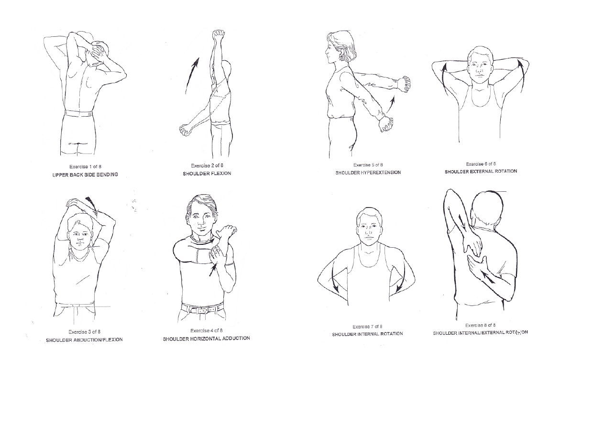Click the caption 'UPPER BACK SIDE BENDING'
[x=85, y=175]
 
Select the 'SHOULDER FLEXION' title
[x=207, y=174]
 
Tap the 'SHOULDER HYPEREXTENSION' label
[x=368, y=173]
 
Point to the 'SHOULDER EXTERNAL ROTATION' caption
[x=481, y=172]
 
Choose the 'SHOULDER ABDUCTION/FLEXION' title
[x=84, y=340]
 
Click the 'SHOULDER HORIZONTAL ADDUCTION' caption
[x=206, y=339]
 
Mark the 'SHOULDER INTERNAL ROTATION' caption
[x=367, y=334]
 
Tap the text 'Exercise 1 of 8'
[x=85, y=166]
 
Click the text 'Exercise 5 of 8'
[x=368, y=164]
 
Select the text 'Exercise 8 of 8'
[x=480, y=325]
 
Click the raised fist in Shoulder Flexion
[x=219, y=35]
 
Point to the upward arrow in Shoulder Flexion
[x=192, y=76]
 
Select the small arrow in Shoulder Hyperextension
[x=390, y=105]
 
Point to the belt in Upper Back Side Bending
[x=78, y=114]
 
